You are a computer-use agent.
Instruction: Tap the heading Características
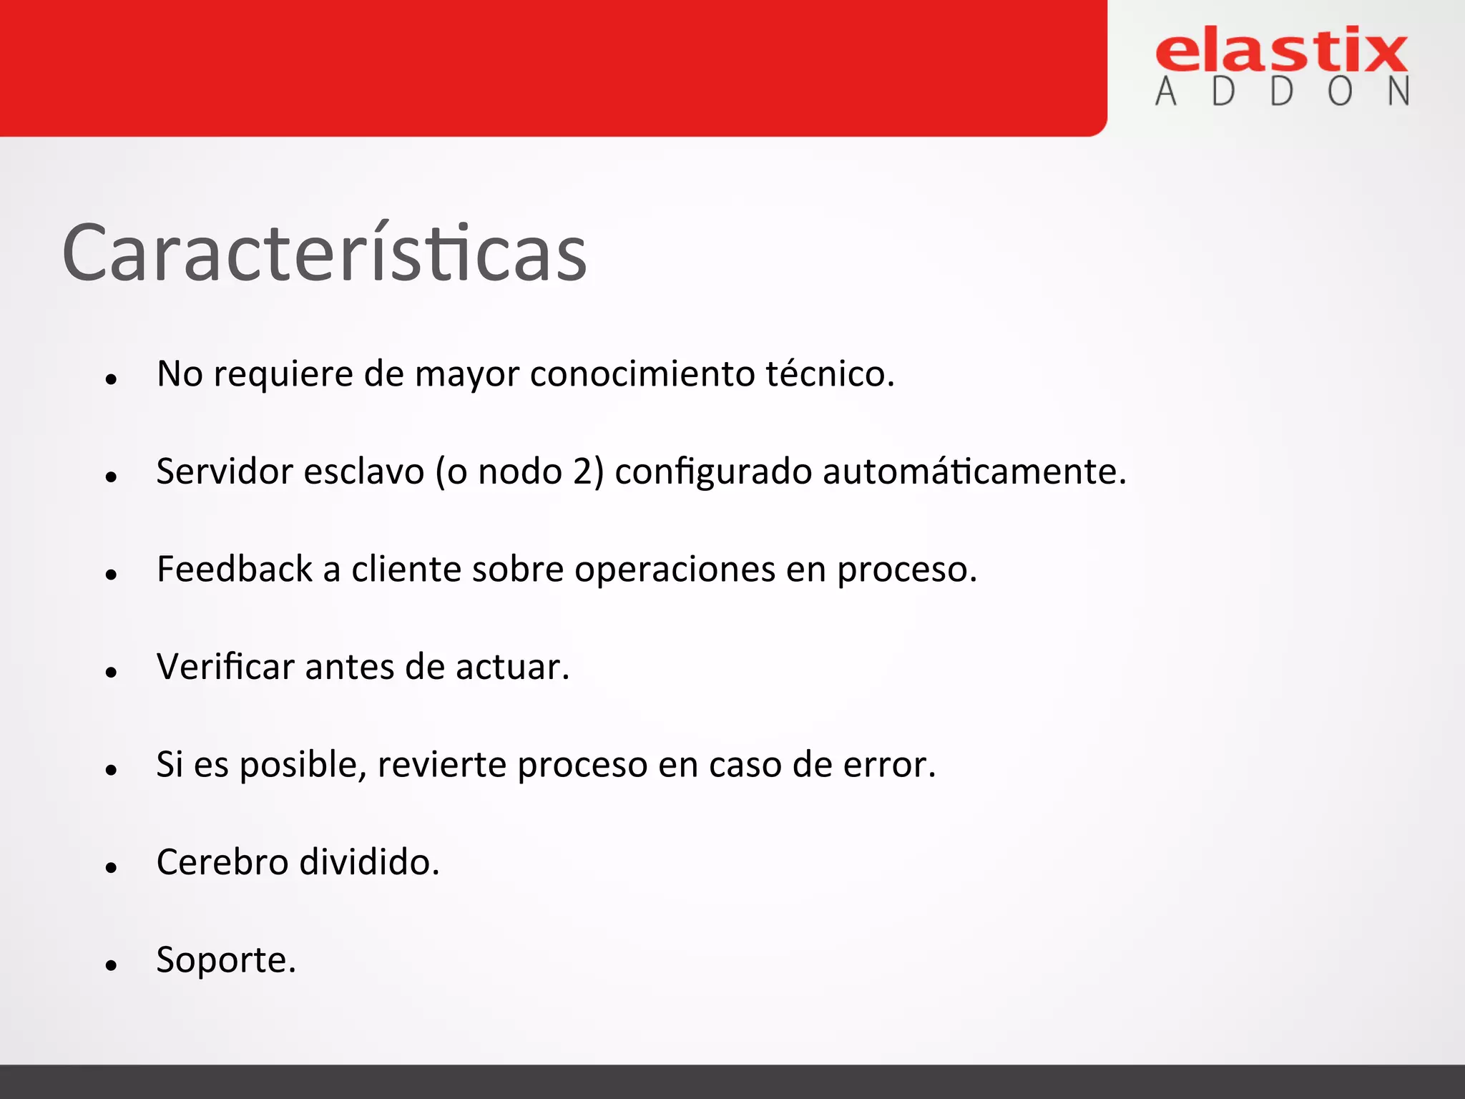point(324,253)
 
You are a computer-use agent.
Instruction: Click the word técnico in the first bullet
point(830,373)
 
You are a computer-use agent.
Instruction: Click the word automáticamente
point(974,472)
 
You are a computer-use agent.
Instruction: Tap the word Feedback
point(235,570)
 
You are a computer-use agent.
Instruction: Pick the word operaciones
point(675,570)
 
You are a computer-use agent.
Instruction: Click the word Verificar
point(225,667)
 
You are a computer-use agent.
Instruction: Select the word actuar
point(512,667)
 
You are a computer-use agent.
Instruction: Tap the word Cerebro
point(222,862)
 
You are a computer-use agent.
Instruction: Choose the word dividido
point(369,862)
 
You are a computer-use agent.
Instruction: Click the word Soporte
point(225,960)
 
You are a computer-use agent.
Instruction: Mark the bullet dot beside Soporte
point(111,965)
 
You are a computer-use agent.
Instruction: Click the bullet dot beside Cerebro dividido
point(111,868)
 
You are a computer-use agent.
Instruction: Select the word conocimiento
point(642,373)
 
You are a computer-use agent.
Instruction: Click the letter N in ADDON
point(1398,92)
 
